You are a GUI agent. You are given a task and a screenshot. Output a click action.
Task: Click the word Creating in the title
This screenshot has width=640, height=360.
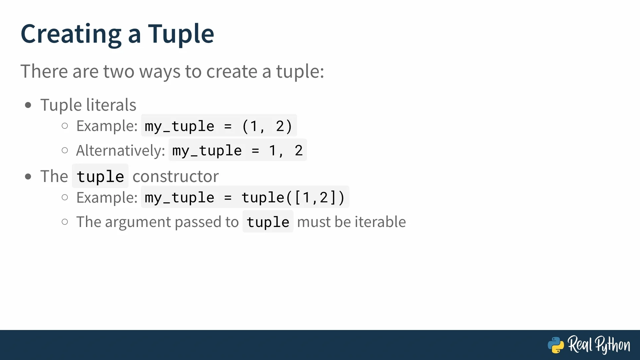71,34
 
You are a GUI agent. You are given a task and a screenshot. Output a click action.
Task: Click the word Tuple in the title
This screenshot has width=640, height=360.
181,34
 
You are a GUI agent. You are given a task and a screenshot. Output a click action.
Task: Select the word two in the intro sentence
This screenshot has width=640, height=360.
119,71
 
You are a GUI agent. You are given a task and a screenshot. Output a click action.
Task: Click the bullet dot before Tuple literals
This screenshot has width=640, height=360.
28,105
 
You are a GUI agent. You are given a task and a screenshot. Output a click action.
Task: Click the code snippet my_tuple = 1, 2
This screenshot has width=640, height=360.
237,150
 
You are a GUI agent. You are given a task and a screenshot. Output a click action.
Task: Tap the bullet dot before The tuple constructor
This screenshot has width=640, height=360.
28,177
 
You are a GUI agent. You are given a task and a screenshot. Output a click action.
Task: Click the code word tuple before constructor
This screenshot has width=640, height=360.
100,176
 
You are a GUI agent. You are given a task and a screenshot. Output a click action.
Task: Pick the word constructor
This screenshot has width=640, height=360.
176,176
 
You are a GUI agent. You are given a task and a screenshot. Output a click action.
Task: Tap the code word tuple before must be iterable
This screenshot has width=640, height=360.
268,222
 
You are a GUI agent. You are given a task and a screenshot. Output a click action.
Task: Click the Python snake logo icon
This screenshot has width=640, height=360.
556,345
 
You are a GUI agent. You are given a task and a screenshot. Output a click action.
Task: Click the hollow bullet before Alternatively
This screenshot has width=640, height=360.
65,150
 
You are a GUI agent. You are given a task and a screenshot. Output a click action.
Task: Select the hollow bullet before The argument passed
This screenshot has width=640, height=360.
65,222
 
